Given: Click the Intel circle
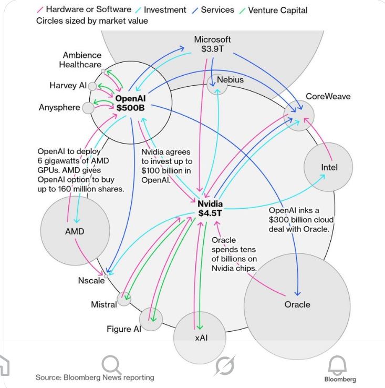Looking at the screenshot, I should coord(328,167).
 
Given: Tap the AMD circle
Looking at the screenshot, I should coord(74,231).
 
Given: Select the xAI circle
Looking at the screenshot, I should coord(201,338).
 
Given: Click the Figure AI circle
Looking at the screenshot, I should coord(151,319).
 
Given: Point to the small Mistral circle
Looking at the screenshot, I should coord(124,299).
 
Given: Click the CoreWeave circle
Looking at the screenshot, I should coord(299,115).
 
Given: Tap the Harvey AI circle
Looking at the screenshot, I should coord(92,86).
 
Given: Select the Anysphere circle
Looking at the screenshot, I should coord(88,108).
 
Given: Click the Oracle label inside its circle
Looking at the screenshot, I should coord(297,304).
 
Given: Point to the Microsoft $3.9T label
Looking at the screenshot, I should coord(212,44).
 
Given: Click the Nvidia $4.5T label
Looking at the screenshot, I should coord(210,208).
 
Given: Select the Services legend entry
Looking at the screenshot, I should coord(215,10).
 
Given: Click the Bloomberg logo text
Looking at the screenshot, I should coord(340,379).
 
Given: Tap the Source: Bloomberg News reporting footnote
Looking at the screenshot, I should coord(95,377).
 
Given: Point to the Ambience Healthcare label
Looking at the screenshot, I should coord(82,60).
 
